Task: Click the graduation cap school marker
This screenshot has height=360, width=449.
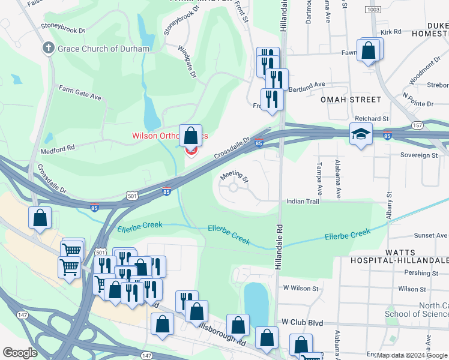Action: (361, 135)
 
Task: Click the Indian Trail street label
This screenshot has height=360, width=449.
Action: (303, 202)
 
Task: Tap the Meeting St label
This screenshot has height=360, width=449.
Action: (234, 175)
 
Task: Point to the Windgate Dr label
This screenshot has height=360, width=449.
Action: (188, 63)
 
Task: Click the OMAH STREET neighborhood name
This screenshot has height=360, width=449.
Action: (351, 100)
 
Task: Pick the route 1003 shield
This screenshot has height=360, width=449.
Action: (372, 10)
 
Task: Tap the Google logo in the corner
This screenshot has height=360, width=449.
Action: (20, 352)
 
